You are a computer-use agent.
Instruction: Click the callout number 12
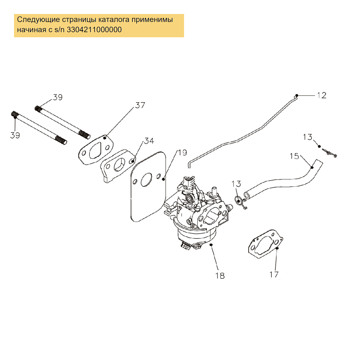pyautogui.click(x=321, y=95)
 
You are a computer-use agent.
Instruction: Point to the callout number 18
pyautogui.click(x=220, y=275)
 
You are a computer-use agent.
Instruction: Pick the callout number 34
pyautogui.click(x=149, y=141)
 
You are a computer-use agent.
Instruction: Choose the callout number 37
pyautogui.click(x=140, y=105)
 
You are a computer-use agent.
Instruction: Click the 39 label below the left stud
pyautogui.click(x=15, y=135)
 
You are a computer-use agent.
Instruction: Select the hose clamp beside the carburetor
pyautogui.click(x=241, y=203)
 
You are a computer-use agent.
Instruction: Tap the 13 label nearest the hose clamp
pyautogui.click(x=236, y=184)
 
